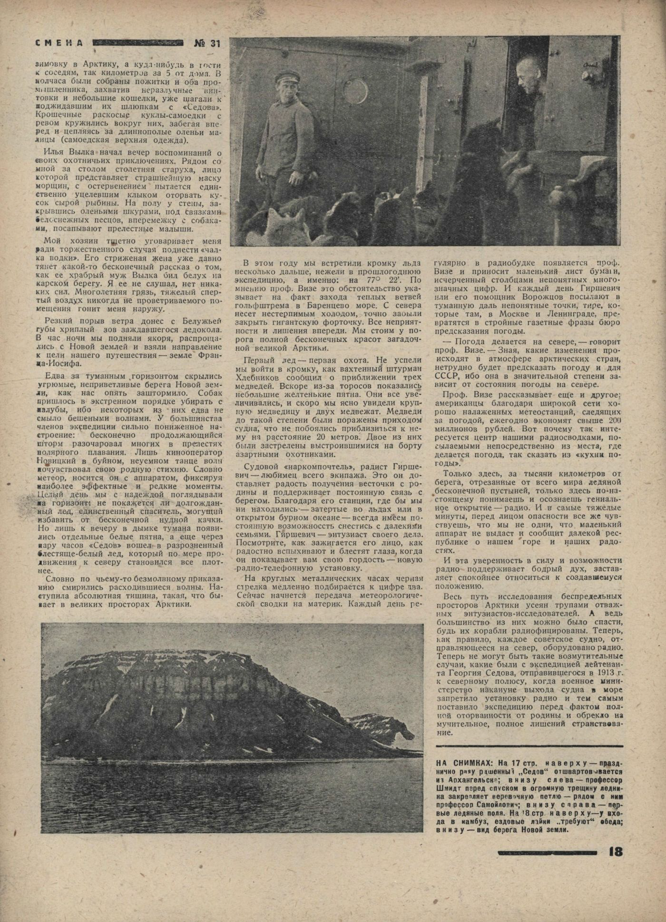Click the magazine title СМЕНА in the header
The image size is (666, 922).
pyautogui.click(x=59, y=43)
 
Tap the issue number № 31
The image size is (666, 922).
pyautogui.click(x=207, y=43)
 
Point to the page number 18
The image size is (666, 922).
pyautogui.click(x=616, y=851)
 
